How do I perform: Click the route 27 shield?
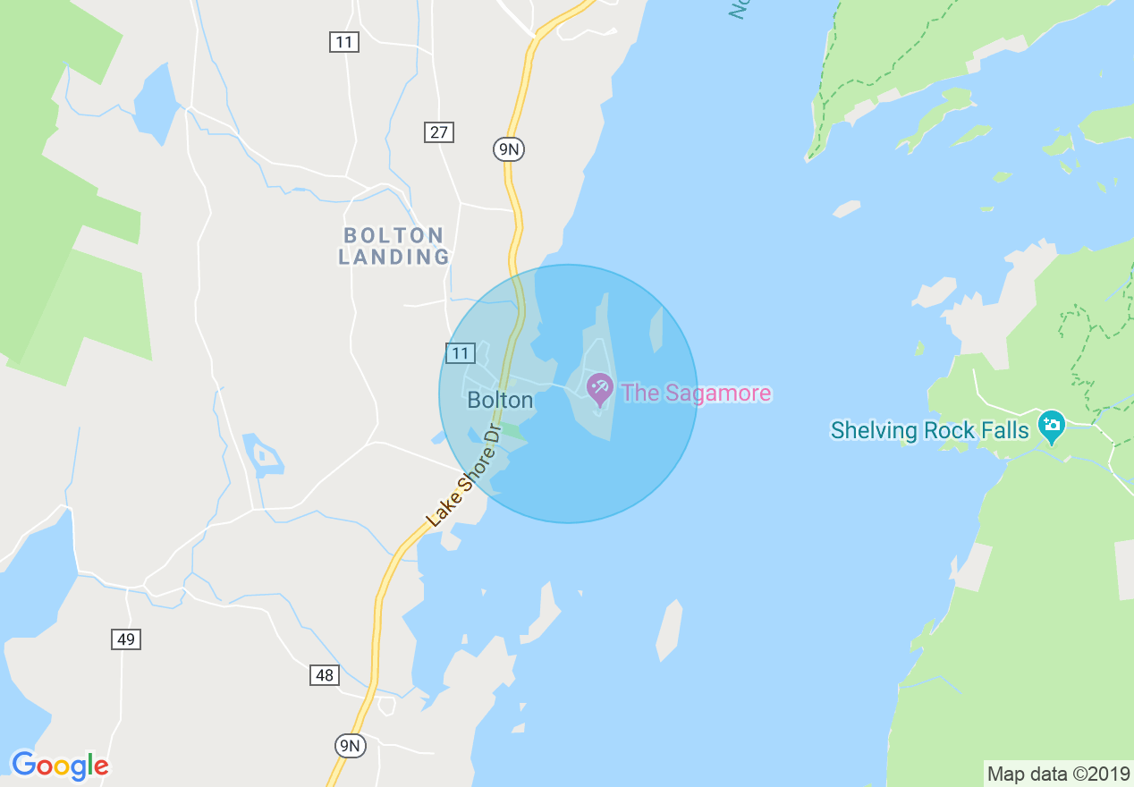[438, 132]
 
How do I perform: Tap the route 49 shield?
[126, 639]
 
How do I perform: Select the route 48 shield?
[325, 675]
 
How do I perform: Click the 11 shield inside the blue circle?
[460, 353]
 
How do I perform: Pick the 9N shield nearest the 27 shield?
[508, 148]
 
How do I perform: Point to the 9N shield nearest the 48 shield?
[351, 745]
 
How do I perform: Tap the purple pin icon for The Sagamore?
[598, 388]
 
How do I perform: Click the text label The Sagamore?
[696, 393]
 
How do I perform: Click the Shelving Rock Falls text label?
[930, 430]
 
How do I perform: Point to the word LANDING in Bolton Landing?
[394, 257]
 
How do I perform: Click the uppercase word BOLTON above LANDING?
[394, 235]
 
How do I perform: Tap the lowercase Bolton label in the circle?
[500, 400]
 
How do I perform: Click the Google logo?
[60, 766]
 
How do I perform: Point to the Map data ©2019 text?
[1058, 774]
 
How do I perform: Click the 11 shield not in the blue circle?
[343, 41]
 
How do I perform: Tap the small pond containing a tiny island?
[264, 455]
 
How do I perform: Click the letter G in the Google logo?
[24, 765]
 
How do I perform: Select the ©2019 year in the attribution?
[1100, 774]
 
